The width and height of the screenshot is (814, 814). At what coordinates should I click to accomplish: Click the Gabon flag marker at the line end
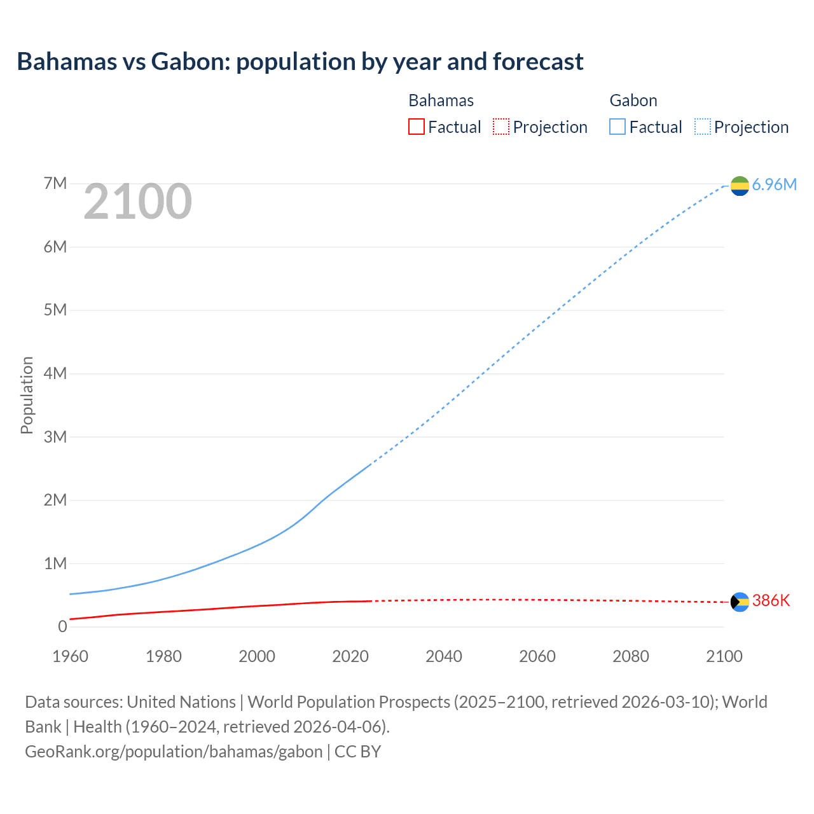[740, 185]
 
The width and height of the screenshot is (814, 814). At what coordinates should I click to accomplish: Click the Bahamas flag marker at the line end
[740, 602]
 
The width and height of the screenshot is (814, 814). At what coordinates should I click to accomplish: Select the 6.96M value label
[774, 184]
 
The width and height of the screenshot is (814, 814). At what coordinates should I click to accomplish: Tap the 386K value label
[771, 601]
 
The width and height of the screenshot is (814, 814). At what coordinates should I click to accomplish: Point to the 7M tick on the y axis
[55, 184]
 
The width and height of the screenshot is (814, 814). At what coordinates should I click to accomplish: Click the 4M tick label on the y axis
[55, 373]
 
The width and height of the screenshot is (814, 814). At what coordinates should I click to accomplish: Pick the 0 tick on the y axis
[62, 626]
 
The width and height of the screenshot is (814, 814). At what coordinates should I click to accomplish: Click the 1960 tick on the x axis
[70, 656]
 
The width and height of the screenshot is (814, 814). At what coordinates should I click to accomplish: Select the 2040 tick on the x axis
[444, 656]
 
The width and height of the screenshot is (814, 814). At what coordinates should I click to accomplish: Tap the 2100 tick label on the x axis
[724, 656]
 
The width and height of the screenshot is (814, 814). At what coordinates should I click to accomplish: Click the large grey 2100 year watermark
[137, 202]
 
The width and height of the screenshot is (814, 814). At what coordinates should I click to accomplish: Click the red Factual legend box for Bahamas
[416, 127]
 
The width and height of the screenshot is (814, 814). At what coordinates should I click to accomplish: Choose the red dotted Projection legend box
[501, 127]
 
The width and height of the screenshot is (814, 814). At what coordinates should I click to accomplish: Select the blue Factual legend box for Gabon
[617, 127]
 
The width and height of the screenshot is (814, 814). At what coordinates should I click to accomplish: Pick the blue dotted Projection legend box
[702, 127]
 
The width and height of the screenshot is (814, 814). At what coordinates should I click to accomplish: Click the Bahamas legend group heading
[441, 100]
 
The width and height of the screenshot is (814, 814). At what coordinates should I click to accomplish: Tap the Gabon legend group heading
[633, 100]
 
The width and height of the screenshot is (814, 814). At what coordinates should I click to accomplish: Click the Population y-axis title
[27, 395]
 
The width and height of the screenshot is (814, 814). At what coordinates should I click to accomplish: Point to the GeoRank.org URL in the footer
[174, 751]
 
